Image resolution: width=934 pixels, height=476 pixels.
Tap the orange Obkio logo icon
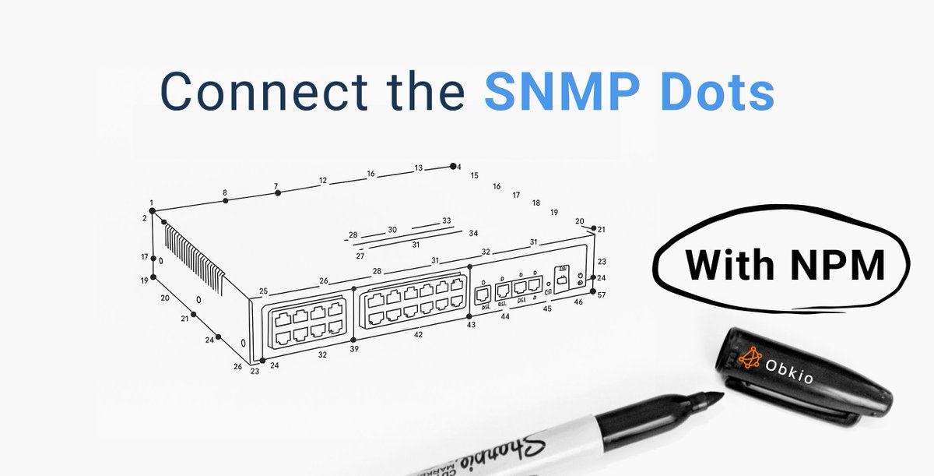[750, 358]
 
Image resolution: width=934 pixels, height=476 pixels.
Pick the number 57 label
[601, 295]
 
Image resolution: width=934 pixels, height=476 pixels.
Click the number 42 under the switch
[418, 334]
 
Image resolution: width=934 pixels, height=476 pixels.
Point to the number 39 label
[354, 349]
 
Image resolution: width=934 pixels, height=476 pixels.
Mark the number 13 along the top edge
[419, 167]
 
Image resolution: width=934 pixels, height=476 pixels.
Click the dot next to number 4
[451, 166]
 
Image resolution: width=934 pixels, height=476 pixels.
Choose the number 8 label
[225, 192]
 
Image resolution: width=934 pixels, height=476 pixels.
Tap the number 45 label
[547, 309]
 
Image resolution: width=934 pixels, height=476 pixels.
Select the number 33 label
[446, 220]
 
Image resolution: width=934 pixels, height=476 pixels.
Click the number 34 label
[473, 233]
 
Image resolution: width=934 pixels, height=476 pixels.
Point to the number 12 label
[322, 181]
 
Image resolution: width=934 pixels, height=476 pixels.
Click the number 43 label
[470, 325]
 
